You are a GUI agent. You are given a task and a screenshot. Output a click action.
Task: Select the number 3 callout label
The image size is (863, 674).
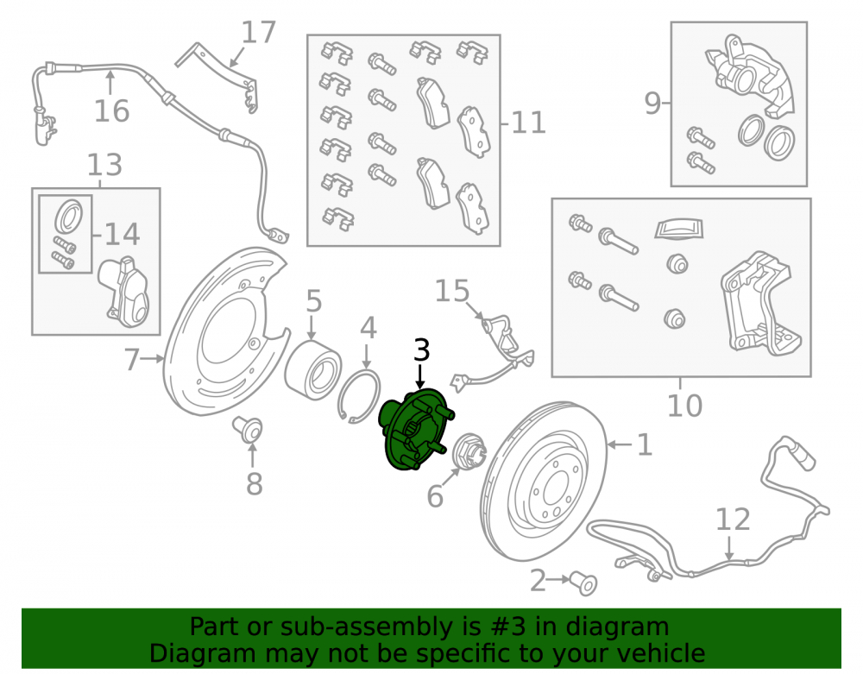(x=421, y=350)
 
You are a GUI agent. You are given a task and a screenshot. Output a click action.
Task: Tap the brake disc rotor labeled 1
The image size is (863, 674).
(x=544, y=481)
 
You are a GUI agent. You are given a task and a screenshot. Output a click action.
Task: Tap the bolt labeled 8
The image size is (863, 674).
(x=248, y=430)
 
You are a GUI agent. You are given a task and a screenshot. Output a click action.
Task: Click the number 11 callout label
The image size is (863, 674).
(x=528, y=123)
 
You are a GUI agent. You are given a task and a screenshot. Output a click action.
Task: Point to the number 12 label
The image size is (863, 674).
(x=733, y=520)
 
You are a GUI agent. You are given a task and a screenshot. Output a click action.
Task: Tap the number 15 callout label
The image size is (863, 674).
(x=452, y=291)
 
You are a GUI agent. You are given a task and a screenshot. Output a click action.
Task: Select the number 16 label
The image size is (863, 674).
(x=111, y=111)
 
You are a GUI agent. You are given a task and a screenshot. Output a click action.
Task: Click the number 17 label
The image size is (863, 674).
(x=258, y=33)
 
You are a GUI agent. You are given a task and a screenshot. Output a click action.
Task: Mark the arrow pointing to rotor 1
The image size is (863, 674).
(x=620, y=444)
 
